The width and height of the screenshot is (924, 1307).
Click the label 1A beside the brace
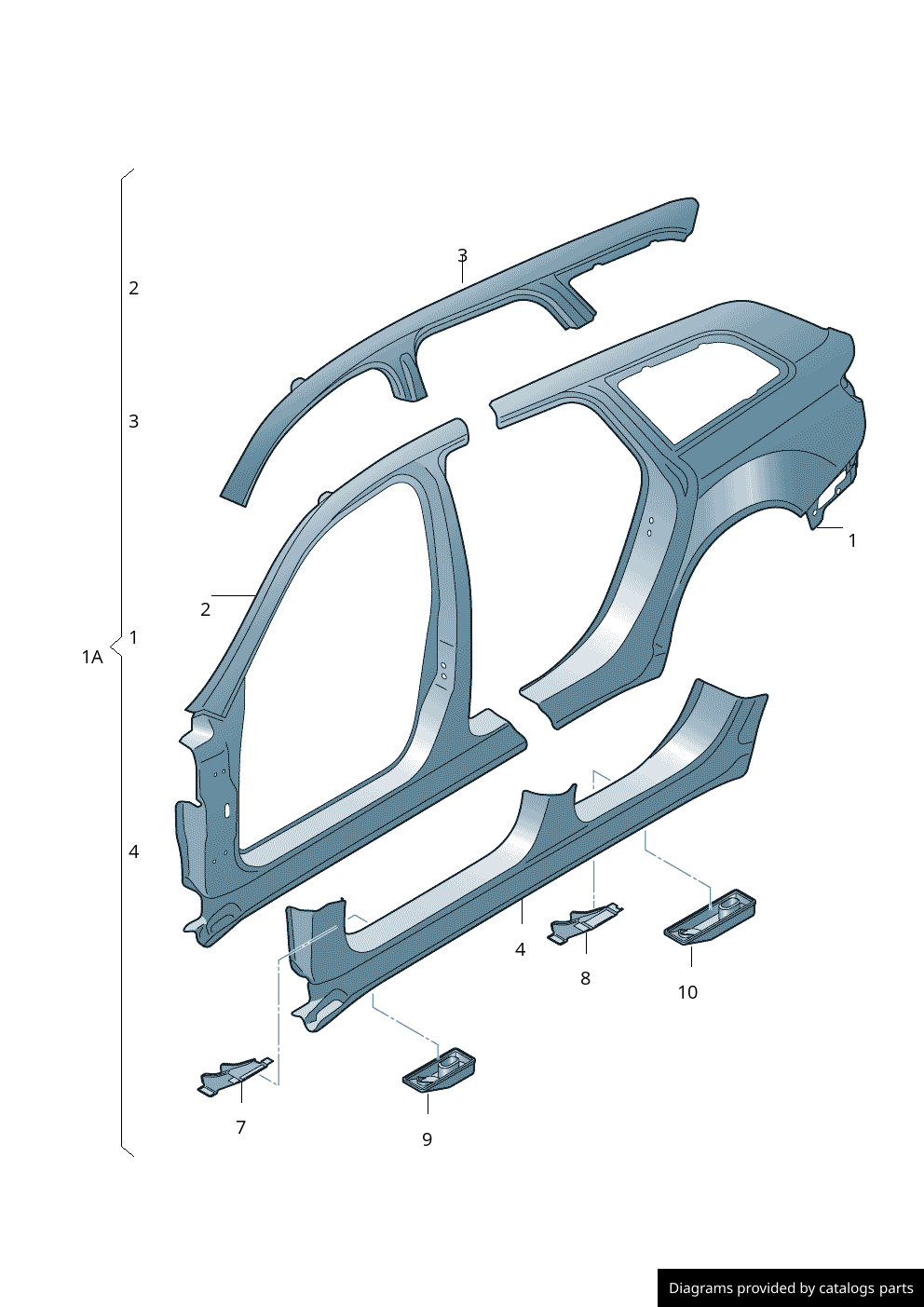click(x=92, y=658)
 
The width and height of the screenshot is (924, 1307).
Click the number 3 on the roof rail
click(x=462, y=255)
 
